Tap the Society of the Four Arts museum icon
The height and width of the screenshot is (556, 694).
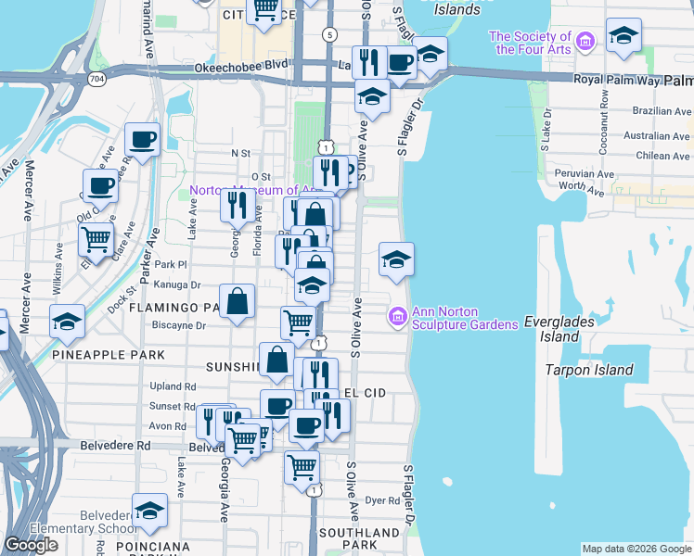[585, 41]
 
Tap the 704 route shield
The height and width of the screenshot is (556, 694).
[97, 80]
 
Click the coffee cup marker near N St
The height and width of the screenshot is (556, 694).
[142, 140]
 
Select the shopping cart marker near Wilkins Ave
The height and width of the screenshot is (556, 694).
[96, 239]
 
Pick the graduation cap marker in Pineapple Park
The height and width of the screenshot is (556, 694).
[67, 322]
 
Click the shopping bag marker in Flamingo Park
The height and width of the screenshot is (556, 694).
[238, 300]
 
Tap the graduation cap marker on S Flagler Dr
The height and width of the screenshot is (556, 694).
[396, 259]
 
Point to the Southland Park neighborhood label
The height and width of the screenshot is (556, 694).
[359, 539]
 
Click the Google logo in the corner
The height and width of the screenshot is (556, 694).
[32, 545]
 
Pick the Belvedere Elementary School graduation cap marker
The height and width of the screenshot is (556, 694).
[149, 509]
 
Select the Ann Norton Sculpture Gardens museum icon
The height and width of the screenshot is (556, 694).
[398, 317]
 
